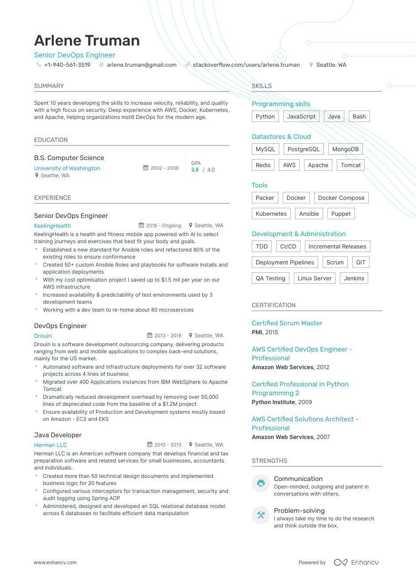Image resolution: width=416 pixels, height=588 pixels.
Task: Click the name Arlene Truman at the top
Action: (x=87, y=41)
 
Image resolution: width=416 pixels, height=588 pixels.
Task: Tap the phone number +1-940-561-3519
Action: (x=67, y=65)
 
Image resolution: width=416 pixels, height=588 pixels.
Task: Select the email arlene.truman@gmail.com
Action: (x=141, y=65)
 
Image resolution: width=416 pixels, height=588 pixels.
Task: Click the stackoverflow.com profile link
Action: (x=246, y=65)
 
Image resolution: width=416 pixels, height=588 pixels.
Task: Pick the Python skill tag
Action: (x=265, y=117)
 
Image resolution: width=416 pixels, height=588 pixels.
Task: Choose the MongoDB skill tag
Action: (x=345, y=149)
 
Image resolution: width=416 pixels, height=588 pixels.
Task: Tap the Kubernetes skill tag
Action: (x=271, y=214)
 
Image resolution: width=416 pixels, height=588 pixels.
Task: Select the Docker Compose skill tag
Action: (x=341, y=198)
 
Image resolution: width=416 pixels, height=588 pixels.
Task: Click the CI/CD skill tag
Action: (x=288, y=247)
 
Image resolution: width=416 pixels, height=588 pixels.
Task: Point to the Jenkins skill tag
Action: (x=354, y=279)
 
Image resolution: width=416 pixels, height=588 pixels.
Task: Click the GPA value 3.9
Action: (x=195, y=170)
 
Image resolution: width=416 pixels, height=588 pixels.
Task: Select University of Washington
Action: (x=67, y=168)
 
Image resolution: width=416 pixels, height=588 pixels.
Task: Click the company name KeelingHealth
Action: (x=52, y=226)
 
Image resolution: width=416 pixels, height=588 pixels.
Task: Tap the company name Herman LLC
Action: (x=50, y=445)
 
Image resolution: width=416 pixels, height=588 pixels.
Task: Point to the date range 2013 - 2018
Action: (x=167, y=336)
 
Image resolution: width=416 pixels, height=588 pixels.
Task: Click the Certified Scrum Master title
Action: (x=287, y=323)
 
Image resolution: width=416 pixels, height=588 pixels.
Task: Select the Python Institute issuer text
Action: (x=273, y=402)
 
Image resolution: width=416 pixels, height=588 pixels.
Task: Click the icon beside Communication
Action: (x=261, y=483)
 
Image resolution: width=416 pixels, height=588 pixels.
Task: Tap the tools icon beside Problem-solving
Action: (x=261, y=515)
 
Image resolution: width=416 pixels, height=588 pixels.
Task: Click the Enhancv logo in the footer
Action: (x=356, y=562)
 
